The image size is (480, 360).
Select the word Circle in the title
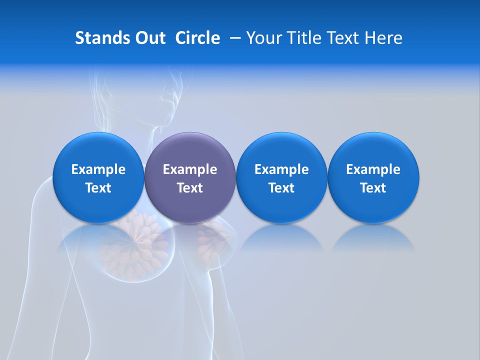coord(197,38)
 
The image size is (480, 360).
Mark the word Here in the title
coord(384,38)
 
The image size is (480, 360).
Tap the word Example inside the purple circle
coord(190,169)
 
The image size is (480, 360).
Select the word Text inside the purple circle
coord(190,188)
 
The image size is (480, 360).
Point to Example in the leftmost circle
coord(98,169)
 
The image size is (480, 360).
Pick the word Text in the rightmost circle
coord(373,188)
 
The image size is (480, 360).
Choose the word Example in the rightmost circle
coord(373,169)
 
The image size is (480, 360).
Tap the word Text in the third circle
coord(281,188)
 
